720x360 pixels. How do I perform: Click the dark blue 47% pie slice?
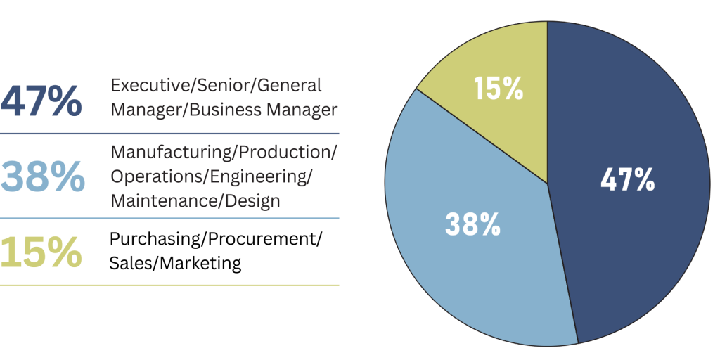(633, 232)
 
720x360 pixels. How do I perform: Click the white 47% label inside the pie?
(628, 180)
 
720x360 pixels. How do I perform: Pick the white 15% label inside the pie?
(499, 89)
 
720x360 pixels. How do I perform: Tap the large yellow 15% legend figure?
(41, 252)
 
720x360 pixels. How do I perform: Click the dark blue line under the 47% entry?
(169, 133)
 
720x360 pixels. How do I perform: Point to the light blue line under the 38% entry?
(169, 218)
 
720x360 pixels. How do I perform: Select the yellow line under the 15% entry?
(169, 285)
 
